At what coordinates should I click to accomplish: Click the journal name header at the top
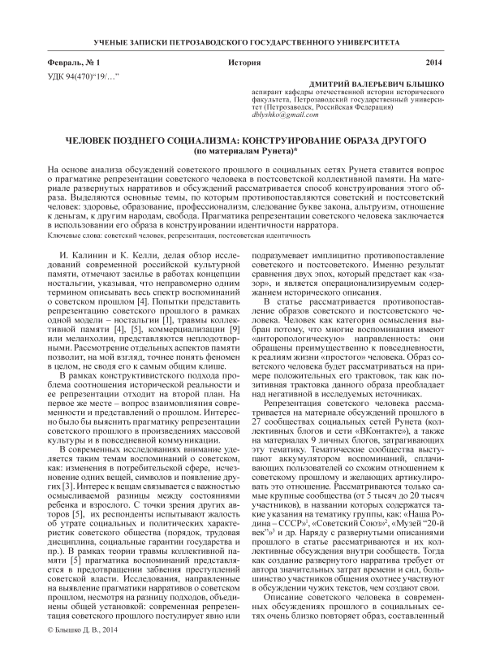coord(243,40)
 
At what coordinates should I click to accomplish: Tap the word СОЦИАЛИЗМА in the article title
coord(195,140)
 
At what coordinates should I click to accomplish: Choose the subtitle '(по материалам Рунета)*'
coord(243,151)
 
